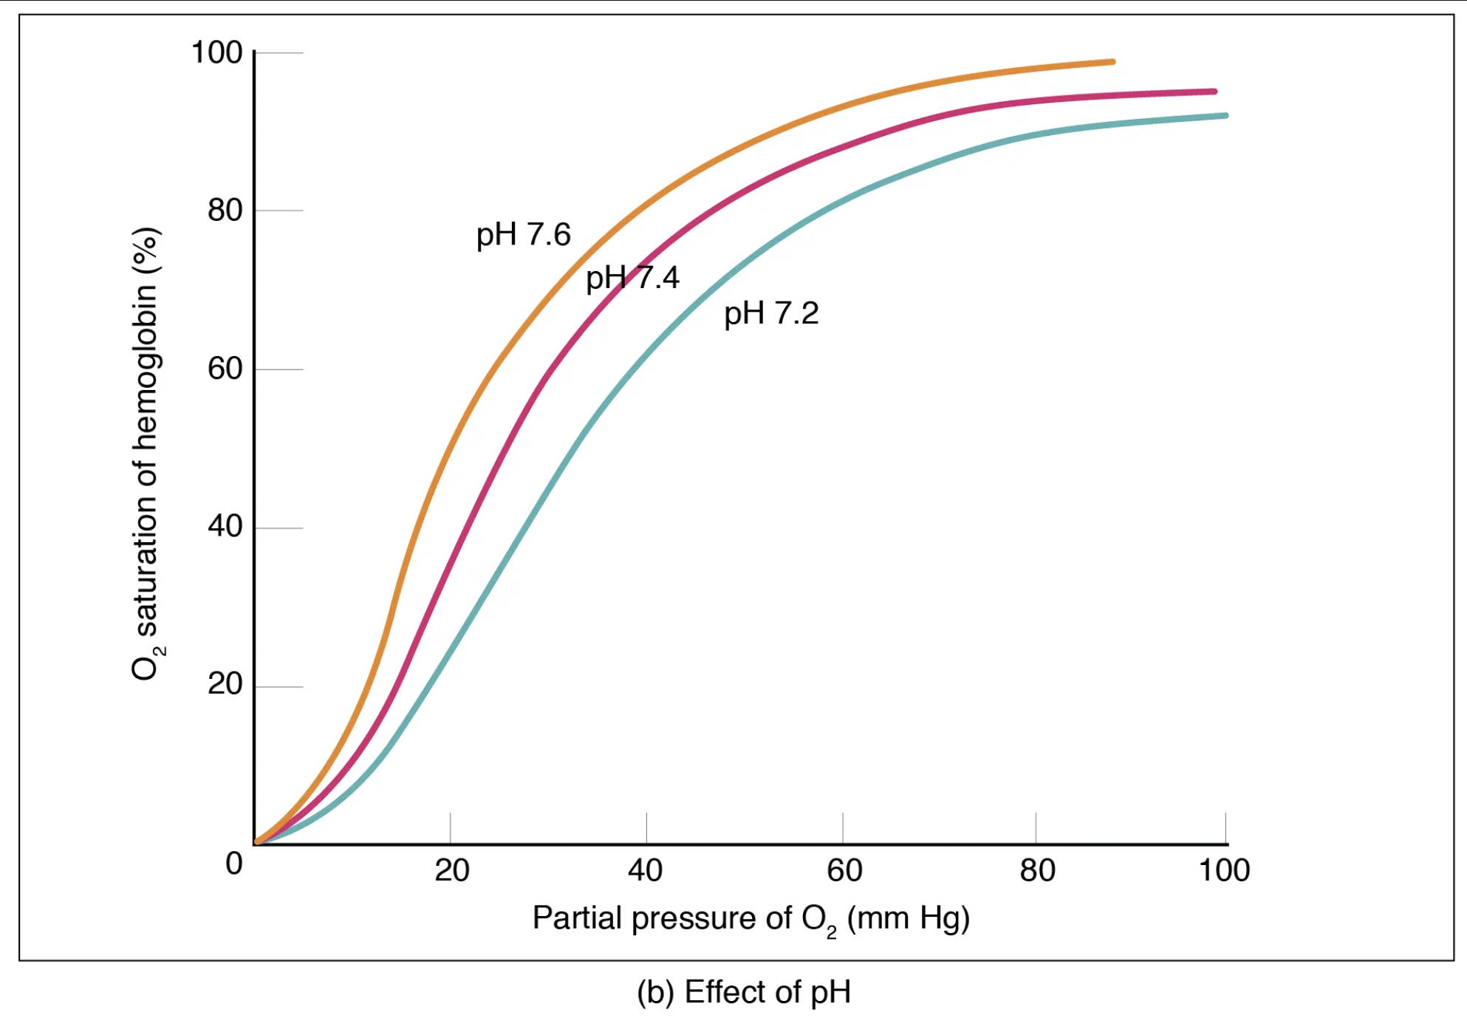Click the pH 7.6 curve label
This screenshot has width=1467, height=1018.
tap(523, 235)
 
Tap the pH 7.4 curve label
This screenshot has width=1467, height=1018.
tap(632, 278)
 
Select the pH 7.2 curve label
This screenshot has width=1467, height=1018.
tap(770, 313)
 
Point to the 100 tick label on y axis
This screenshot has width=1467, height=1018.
tap(216, 52)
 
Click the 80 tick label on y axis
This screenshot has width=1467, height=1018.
tap(225, 211)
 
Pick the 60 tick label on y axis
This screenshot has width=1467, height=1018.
tap(225, 369)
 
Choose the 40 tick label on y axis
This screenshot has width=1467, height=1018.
tap(225, 527)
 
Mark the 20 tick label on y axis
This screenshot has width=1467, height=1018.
tap(225, 685)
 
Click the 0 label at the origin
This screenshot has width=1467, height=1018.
tap(233, 864)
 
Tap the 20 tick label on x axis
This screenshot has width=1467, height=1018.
tap(451, 871)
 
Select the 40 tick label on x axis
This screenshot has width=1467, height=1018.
tap(645, 871)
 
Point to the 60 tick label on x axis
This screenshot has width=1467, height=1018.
tap(844, 871)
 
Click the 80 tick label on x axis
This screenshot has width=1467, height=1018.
tap(1037, 871)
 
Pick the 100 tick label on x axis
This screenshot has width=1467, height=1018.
tap(1223, 871)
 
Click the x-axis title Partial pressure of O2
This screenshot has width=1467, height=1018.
tap(750, 919)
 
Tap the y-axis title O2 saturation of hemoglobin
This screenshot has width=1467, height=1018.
tap(146, 454)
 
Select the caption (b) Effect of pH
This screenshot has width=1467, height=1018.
tap(743, 992)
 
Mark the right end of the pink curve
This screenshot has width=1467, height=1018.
tap(1213, 92)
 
